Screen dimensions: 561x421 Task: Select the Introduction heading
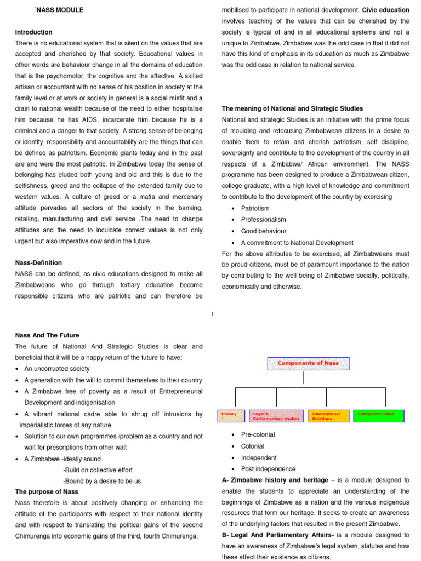coord(34,32)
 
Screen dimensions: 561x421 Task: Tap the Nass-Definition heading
coord(38,263)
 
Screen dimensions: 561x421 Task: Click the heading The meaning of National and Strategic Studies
coord(292,108)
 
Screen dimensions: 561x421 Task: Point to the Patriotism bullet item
coord(255,209)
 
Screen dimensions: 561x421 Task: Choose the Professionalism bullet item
coord(263,220)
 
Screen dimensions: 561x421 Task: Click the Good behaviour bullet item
coord(263,231)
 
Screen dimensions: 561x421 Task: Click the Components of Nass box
coord(308,364)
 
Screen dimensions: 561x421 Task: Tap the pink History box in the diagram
coord(231,416)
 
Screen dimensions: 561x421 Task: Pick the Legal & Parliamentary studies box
coord(276,416)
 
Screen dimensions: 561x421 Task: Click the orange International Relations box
coord(328,416)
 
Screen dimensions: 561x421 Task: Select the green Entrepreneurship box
coord(379,416)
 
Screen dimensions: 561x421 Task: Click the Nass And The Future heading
coord(47,335)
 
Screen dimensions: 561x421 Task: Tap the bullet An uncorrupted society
coord(57,369)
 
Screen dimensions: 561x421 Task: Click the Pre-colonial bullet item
coord(258,435)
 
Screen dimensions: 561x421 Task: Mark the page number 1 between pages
coord(212,313)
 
